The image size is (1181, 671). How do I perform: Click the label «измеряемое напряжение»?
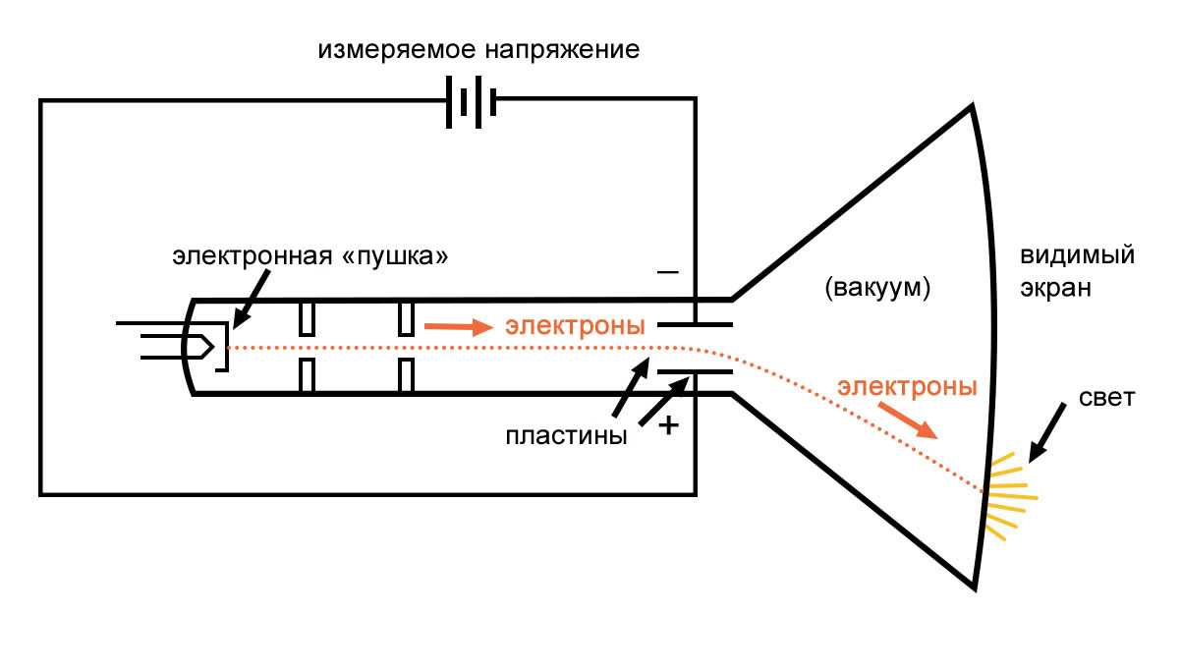click(478, 49)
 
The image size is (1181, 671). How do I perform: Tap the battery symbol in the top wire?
click(471, 99)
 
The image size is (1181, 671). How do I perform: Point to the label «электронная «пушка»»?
click(311, 256)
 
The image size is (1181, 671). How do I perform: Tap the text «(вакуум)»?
click(877, 289)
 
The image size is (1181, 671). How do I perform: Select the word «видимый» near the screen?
click(1077, 256)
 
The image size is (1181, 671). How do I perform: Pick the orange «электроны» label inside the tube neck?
click(575, 326)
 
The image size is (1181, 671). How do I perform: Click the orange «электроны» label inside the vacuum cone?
click(907, 386)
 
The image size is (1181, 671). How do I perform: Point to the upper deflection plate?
click(694, 323)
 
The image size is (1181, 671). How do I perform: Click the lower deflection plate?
click(694, 372)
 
